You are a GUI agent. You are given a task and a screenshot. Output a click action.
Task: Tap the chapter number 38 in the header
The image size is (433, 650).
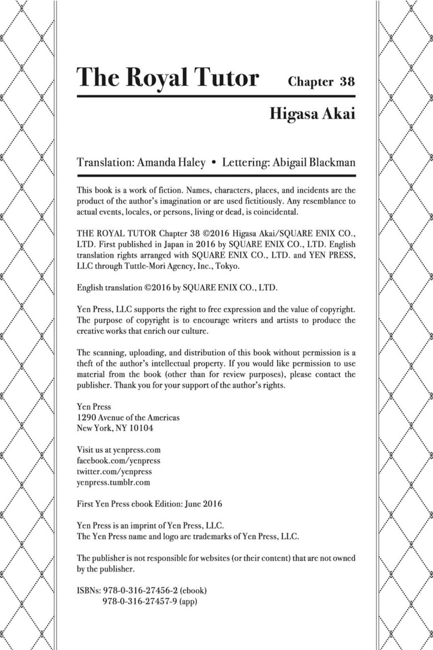click(x=347, y=82)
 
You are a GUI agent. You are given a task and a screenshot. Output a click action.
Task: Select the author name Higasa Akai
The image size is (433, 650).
click(x=312, y=113)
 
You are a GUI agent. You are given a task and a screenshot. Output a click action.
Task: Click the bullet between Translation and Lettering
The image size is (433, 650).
click(x=214, y=163)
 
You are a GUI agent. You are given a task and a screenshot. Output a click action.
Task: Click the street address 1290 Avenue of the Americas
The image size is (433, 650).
click(x=128, y=417)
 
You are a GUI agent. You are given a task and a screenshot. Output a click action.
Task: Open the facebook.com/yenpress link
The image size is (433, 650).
click(x=119, y=461)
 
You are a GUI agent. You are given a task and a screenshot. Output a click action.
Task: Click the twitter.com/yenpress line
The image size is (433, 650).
click(x=115, y=471)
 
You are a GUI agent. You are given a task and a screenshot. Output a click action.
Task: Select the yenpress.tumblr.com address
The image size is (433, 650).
click(x=114, y=482)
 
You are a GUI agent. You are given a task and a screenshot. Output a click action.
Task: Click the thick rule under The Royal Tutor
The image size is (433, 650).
click(x=216, y=96)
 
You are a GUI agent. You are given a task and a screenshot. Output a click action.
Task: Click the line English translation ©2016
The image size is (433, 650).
click(x=174, y=288)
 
